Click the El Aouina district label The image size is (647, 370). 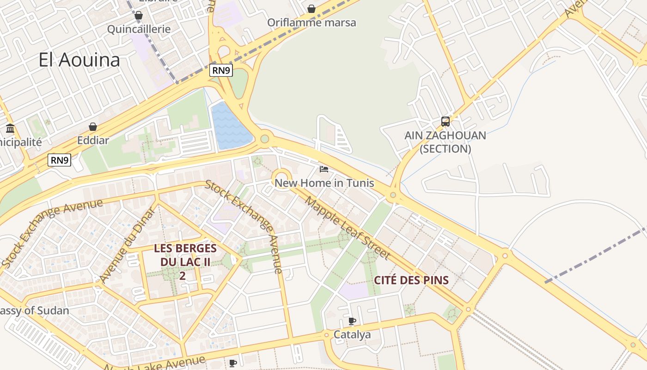click(x=79, y=60)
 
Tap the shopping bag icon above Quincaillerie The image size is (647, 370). click(x=138, y=16)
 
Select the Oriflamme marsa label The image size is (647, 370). click(x=311, y=23)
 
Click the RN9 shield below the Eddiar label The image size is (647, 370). click(x=60, y=160)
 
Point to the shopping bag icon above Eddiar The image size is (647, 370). click(x=93, y=127)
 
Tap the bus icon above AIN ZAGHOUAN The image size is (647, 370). click(x=445, y=122)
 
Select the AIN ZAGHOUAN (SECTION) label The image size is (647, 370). click(x=445, y=142)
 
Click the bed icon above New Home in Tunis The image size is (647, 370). click(x=324, y=169)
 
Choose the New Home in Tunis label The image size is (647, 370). click(x=324, y=183)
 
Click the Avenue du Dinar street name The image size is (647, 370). click(x=127, y=245)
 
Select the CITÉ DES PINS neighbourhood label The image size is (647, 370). click(x=411, y=280)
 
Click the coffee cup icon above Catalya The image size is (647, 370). click(x=352, y=321)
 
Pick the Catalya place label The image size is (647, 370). click(x=352, y=334)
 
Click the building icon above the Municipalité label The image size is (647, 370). click(x=10, y=128)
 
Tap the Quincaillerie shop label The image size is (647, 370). click(x=139, y=29)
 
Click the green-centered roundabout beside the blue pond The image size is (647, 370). click(x=264, y=139)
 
